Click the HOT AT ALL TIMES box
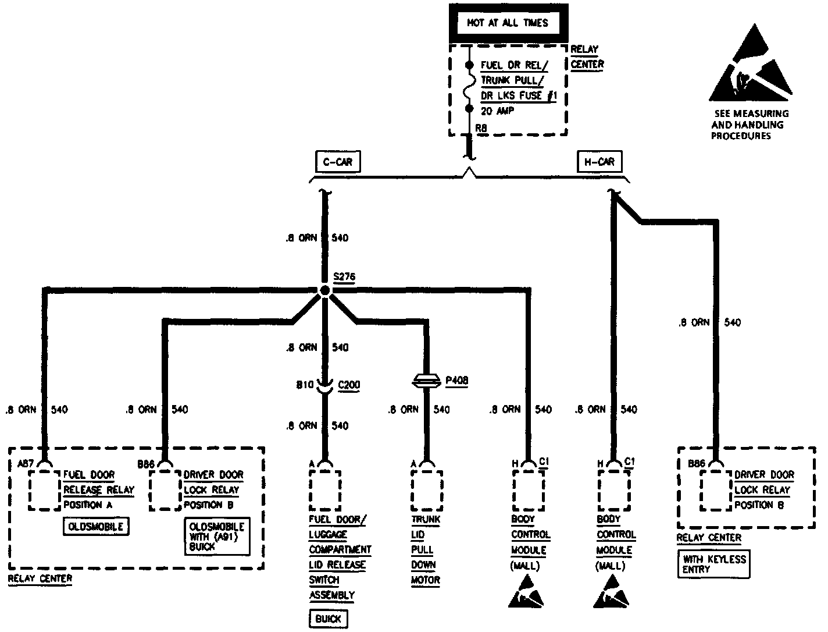pos(508,23)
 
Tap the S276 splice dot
pos(324,290)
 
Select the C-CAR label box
pos(337,161)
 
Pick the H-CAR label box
pos(598,161)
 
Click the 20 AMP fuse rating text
pos(497,111)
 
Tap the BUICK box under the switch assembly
pos(328,619)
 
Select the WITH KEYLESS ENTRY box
pos(714,564)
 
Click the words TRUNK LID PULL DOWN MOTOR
pos(426,549)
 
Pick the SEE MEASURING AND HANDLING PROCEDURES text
pos(750,125)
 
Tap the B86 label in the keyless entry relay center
pos(697,464)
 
